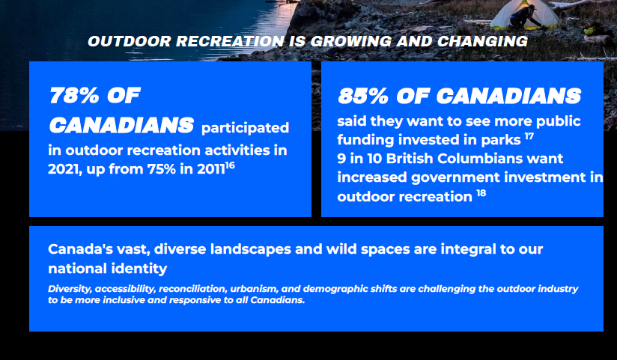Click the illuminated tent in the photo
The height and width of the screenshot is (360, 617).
pyautogui.click(x=526, y=14)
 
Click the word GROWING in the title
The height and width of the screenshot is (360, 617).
pyautogui.click(x=351, y=41)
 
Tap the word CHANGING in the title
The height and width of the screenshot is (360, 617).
pyautogui.click(x=482, y=41)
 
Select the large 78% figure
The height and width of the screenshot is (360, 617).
pyautogui.click(x=74, y=95)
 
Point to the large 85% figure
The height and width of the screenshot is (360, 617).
pyautogui.click(x=363, y=96)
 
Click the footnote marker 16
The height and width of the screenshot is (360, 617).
pyautogui.click(x=230, y=165)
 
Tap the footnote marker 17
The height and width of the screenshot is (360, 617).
pyautogui.click(x=529, y=136)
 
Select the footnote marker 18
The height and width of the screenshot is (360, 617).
pyautogui.click(x=481, y=193)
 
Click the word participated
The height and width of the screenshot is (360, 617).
pyautogui.click(x=245, y=128)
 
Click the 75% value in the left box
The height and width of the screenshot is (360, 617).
pyautogui.click(x=161, y=169)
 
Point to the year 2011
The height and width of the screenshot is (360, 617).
pyautogui.click(x=211, y=169)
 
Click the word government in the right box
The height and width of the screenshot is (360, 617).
pyautogui.click(x=455, y=178)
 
